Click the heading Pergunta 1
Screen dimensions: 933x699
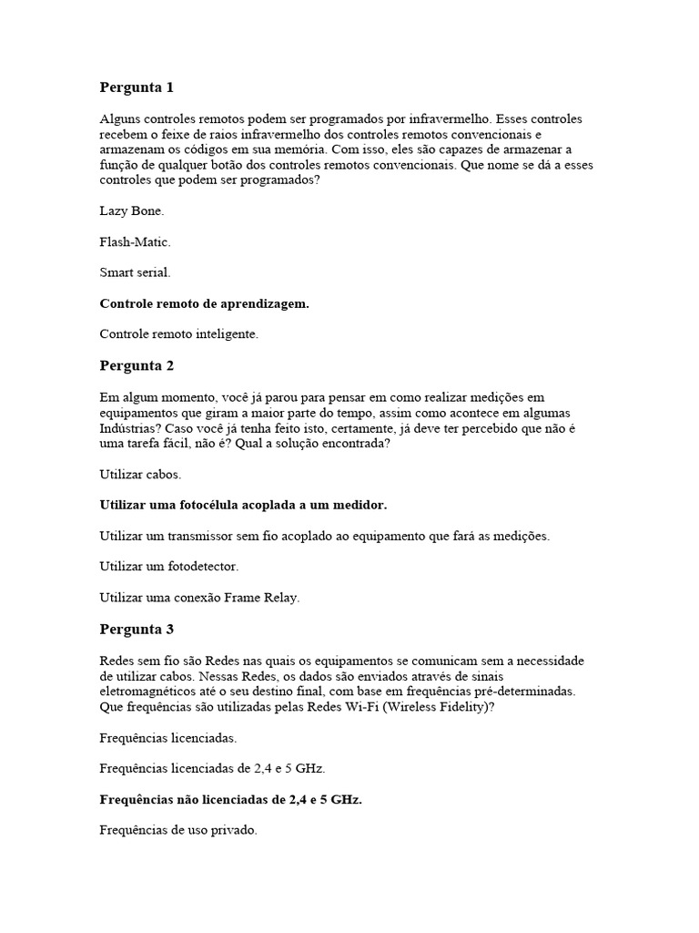(x=136, y=87)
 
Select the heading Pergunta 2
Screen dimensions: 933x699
(x=136, y=365)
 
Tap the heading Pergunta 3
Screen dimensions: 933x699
(x=136, y=629)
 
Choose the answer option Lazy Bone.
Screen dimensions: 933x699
(x=132, y=210)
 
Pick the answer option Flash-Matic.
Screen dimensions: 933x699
(x=135, y=241)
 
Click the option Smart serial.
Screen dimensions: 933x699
(x=135, y=272)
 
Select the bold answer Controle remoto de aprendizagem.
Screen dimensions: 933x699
(x=204, y=303)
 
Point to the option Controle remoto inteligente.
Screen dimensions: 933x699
(x=179, y=334)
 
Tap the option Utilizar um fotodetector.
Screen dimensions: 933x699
(x=168, y=567)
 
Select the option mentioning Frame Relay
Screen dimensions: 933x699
(x=199, y=598)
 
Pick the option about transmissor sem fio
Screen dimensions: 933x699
(x=324, y=536)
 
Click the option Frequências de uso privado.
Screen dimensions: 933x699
(x=178, y=830)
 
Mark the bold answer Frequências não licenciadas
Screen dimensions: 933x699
(x=230, y=799)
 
